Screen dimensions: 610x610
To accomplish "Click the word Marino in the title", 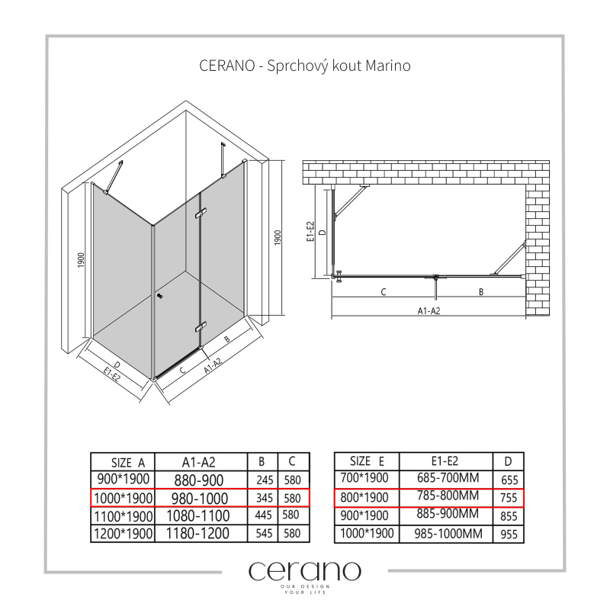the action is (388, 66).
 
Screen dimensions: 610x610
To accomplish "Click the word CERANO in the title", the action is (226, 66).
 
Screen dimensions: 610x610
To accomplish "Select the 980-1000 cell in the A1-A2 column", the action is (200, 499).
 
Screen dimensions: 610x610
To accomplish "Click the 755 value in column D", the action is (509, 498).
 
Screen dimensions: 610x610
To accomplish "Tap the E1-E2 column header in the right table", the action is (445, 461).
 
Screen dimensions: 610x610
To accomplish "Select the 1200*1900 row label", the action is (123, 533).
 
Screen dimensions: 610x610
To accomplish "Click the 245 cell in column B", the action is (265, 480).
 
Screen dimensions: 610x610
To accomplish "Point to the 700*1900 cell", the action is (364, 477).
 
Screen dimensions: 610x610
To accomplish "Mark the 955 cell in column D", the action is (509, 535).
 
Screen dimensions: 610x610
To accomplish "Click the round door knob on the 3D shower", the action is (159, 297).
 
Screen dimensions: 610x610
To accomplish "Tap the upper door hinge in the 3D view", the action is (201, 213).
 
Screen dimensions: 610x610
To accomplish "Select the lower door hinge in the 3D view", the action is (201, 328).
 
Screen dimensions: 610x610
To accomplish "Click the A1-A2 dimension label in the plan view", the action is (429, 311).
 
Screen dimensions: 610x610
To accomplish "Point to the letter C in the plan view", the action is (384, 292).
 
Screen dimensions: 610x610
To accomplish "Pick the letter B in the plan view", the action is (481, 292).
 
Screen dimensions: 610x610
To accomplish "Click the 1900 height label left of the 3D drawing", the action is (81, 260).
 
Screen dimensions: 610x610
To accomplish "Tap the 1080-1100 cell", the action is (198, 516).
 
